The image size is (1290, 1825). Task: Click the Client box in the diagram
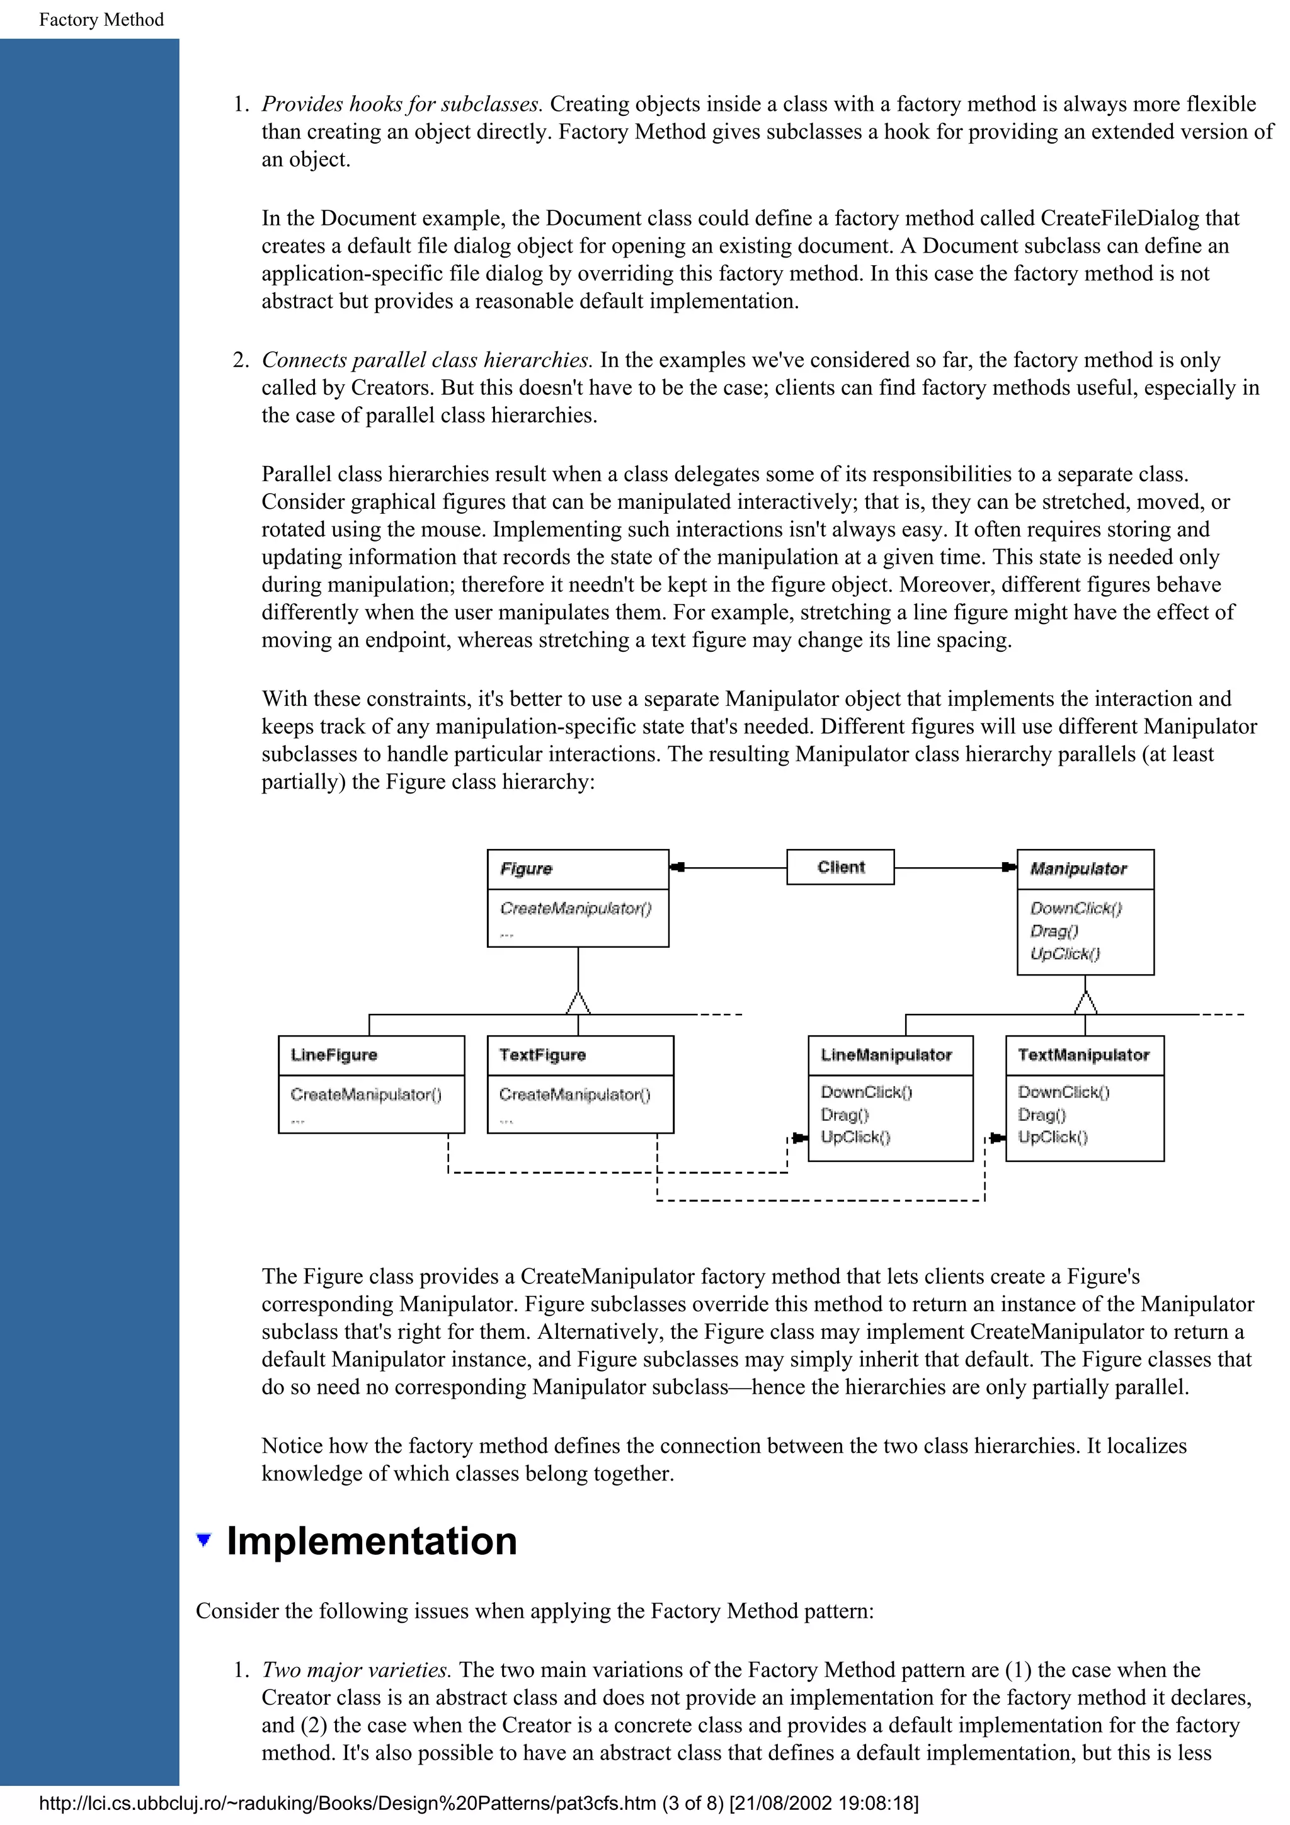tap(840, 867)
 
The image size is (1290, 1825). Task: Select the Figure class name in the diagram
tap(526, 869)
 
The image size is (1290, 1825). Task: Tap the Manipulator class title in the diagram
tap(1078, 869)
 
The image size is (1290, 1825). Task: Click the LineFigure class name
tap(334, 1055)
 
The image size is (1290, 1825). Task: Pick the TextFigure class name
tap(542, 1055)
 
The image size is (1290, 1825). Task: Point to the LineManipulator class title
tap(886, 1055)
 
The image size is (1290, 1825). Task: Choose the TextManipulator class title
tap(1083, 1055)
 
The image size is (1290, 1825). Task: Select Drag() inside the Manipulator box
tap(1054, 931)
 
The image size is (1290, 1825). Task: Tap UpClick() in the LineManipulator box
tap(855, 1137)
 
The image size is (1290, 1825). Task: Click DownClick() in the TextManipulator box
tap(1063, 1092)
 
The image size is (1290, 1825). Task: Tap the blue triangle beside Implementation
tap(204, 1540)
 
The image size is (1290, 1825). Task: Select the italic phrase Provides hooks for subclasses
tap(401, 104)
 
